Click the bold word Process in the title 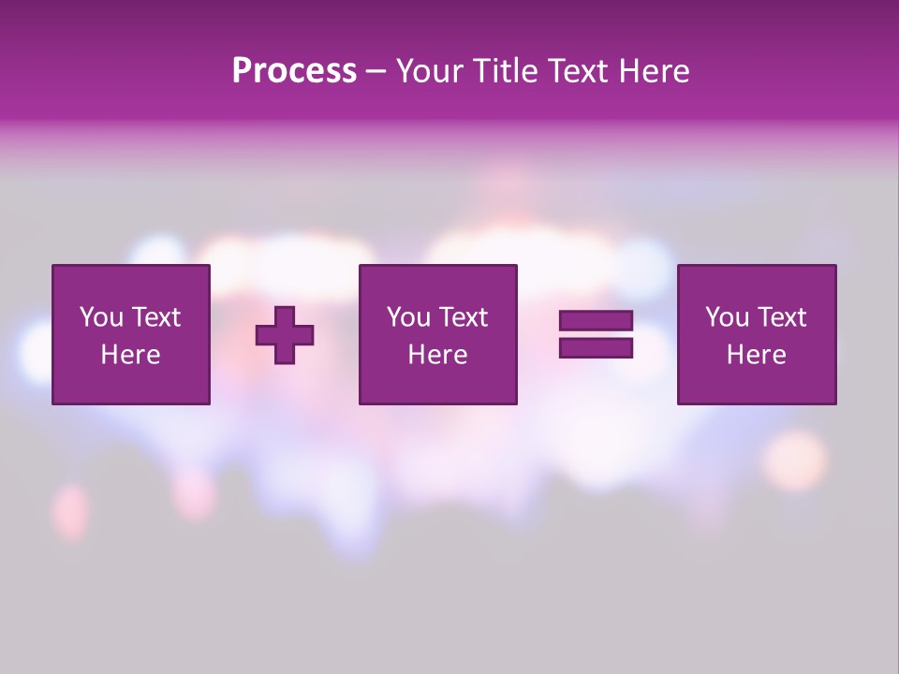coord(294,71)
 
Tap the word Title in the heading coord(501,71)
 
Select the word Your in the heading coord(428,71)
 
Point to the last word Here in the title coord(654,71)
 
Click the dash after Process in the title coord(376,72)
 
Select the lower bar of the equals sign coord(596,348)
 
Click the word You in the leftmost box coord(101,317)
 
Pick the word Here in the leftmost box coord(130,355)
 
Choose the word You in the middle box coord(408,317)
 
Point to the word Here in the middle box coord(437,355)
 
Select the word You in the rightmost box coord(727,317)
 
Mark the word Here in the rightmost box coord(756,355)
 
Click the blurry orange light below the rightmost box coord(795,460)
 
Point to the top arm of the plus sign coord(285,317)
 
